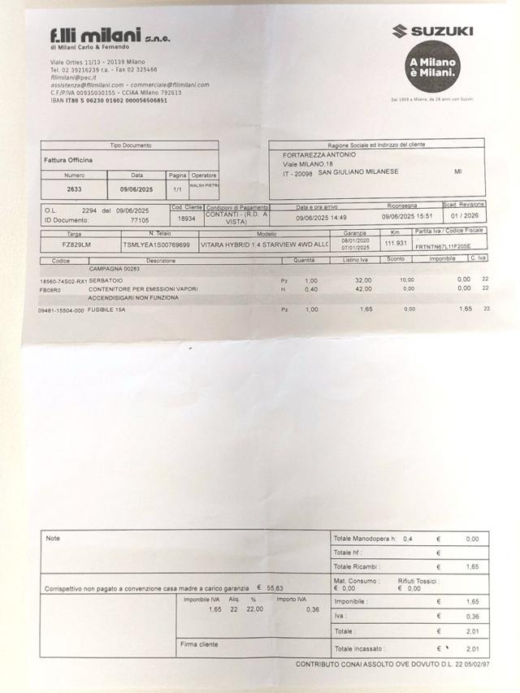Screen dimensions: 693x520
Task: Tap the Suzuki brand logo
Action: pos(433,32)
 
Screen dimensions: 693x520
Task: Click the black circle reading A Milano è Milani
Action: pos(433,68)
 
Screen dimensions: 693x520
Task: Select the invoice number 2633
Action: pos(74,188)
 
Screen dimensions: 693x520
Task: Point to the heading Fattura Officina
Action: pos(67,160)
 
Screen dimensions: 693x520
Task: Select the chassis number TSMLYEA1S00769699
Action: pos(156,244)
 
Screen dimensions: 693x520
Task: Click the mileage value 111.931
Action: pos(395,242)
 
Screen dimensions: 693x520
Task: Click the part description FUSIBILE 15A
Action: pos(107,310)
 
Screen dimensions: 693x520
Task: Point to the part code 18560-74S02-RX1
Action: pos(63,281)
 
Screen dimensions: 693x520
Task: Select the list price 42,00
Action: pos(363,288)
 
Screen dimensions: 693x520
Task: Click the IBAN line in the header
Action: pos(108,100)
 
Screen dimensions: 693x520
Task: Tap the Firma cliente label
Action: pos(199,644)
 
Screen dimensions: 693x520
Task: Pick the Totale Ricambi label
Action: pos(357,566)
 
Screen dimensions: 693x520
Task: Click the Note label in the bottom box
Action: pos(53,538)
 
